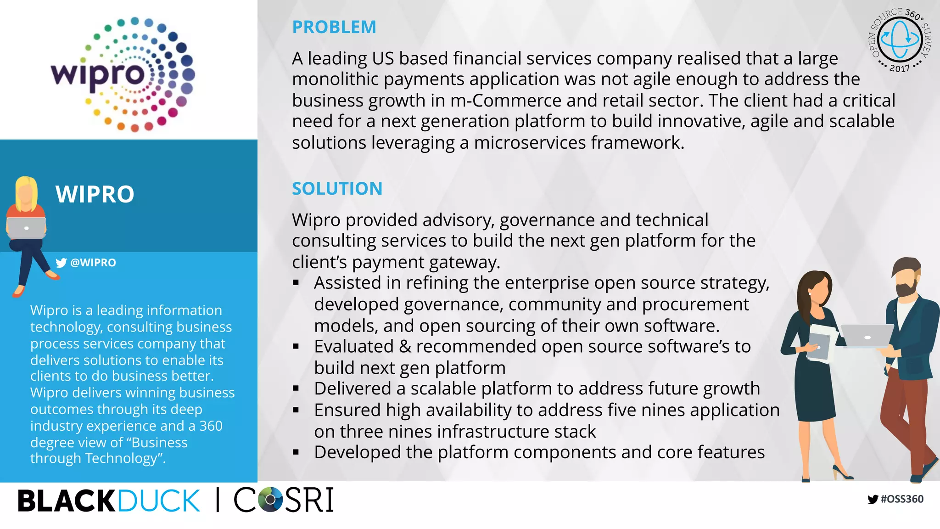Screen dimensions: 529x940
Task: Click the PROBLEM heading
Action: click(334, 27)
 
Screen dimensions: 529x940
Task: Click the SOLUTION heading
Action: click(337, 189)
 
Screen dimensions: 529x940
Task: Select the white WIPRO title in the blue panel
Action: click(95, 194)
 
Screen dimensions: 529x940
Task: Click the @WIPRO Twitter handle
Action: click(93, 263)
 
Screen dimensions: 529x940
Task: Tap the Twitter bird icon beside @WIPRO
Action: click(61, 263)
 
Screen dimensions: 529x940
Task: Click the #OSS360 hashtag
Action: click(902, 499)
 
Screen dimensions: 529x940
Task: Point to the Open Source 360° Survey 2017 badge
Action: click(900, 40)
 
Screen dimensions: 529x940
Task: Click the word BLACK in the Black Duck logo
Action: click(66, 501)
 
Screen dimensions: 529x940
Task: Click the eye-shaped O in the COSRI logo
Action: click(270, 499)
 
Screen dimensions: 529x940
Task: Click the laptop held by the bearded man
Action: click(866, 336)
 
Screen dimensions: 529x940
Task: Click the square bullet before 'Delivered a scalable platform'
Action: click(296, 389)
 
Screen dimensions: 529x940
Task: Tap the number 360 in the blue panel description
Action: click(211, 426)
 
